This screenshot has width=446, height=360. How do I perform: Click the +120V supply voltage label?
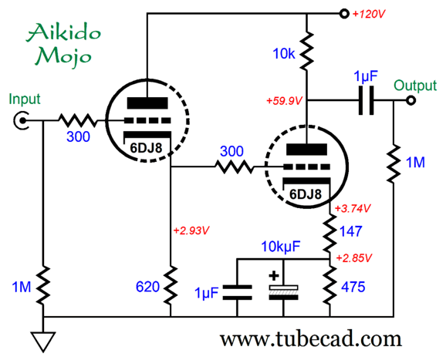(369, 14)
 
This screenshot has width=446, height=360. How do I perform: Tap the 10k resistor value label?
(284, 53)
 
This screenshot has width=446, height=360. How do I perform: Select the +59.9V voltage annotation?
(284, 101)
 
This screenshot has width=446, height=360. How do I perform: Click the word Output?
(415, 86)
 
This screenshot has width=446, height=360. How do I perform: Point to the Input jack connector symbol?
(21, 121)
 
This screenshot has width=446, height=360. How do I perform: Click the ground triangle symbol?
(43, 341)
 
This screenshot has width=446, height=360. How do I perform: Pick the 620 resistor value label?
(147, 287)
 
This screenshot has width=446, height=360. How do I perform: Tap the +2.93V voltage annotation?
(191, 230)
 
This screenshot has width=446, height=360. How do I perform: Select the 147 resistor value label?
(351, 231)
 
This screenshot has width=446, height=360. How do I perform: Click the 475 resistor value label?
(353, 287)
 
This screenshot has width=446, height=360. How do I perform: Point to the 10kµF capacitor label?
(280, 247)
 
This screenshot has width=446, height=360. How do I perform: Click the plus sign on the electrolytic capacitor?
(274, 276)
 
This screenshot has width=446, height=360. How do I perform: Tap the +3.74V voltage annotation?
(353, 209)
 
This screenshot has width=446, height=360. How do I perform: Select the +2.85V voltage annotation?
(354, 258)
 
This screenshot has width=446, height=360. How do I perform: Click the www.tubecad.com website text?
(311, 339)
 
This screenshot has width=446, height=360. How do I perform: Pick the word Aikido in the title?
(64, 32)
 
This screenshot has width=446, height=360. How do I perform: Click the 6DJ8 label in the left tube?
(146, 148)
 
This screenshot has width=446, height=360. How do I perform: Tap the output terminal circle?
(411, 100)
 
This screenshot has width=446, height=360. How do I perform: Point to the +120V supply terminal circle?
(344, 14)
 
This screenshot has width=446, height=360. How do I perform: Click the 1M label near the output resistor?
(415, 163)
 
